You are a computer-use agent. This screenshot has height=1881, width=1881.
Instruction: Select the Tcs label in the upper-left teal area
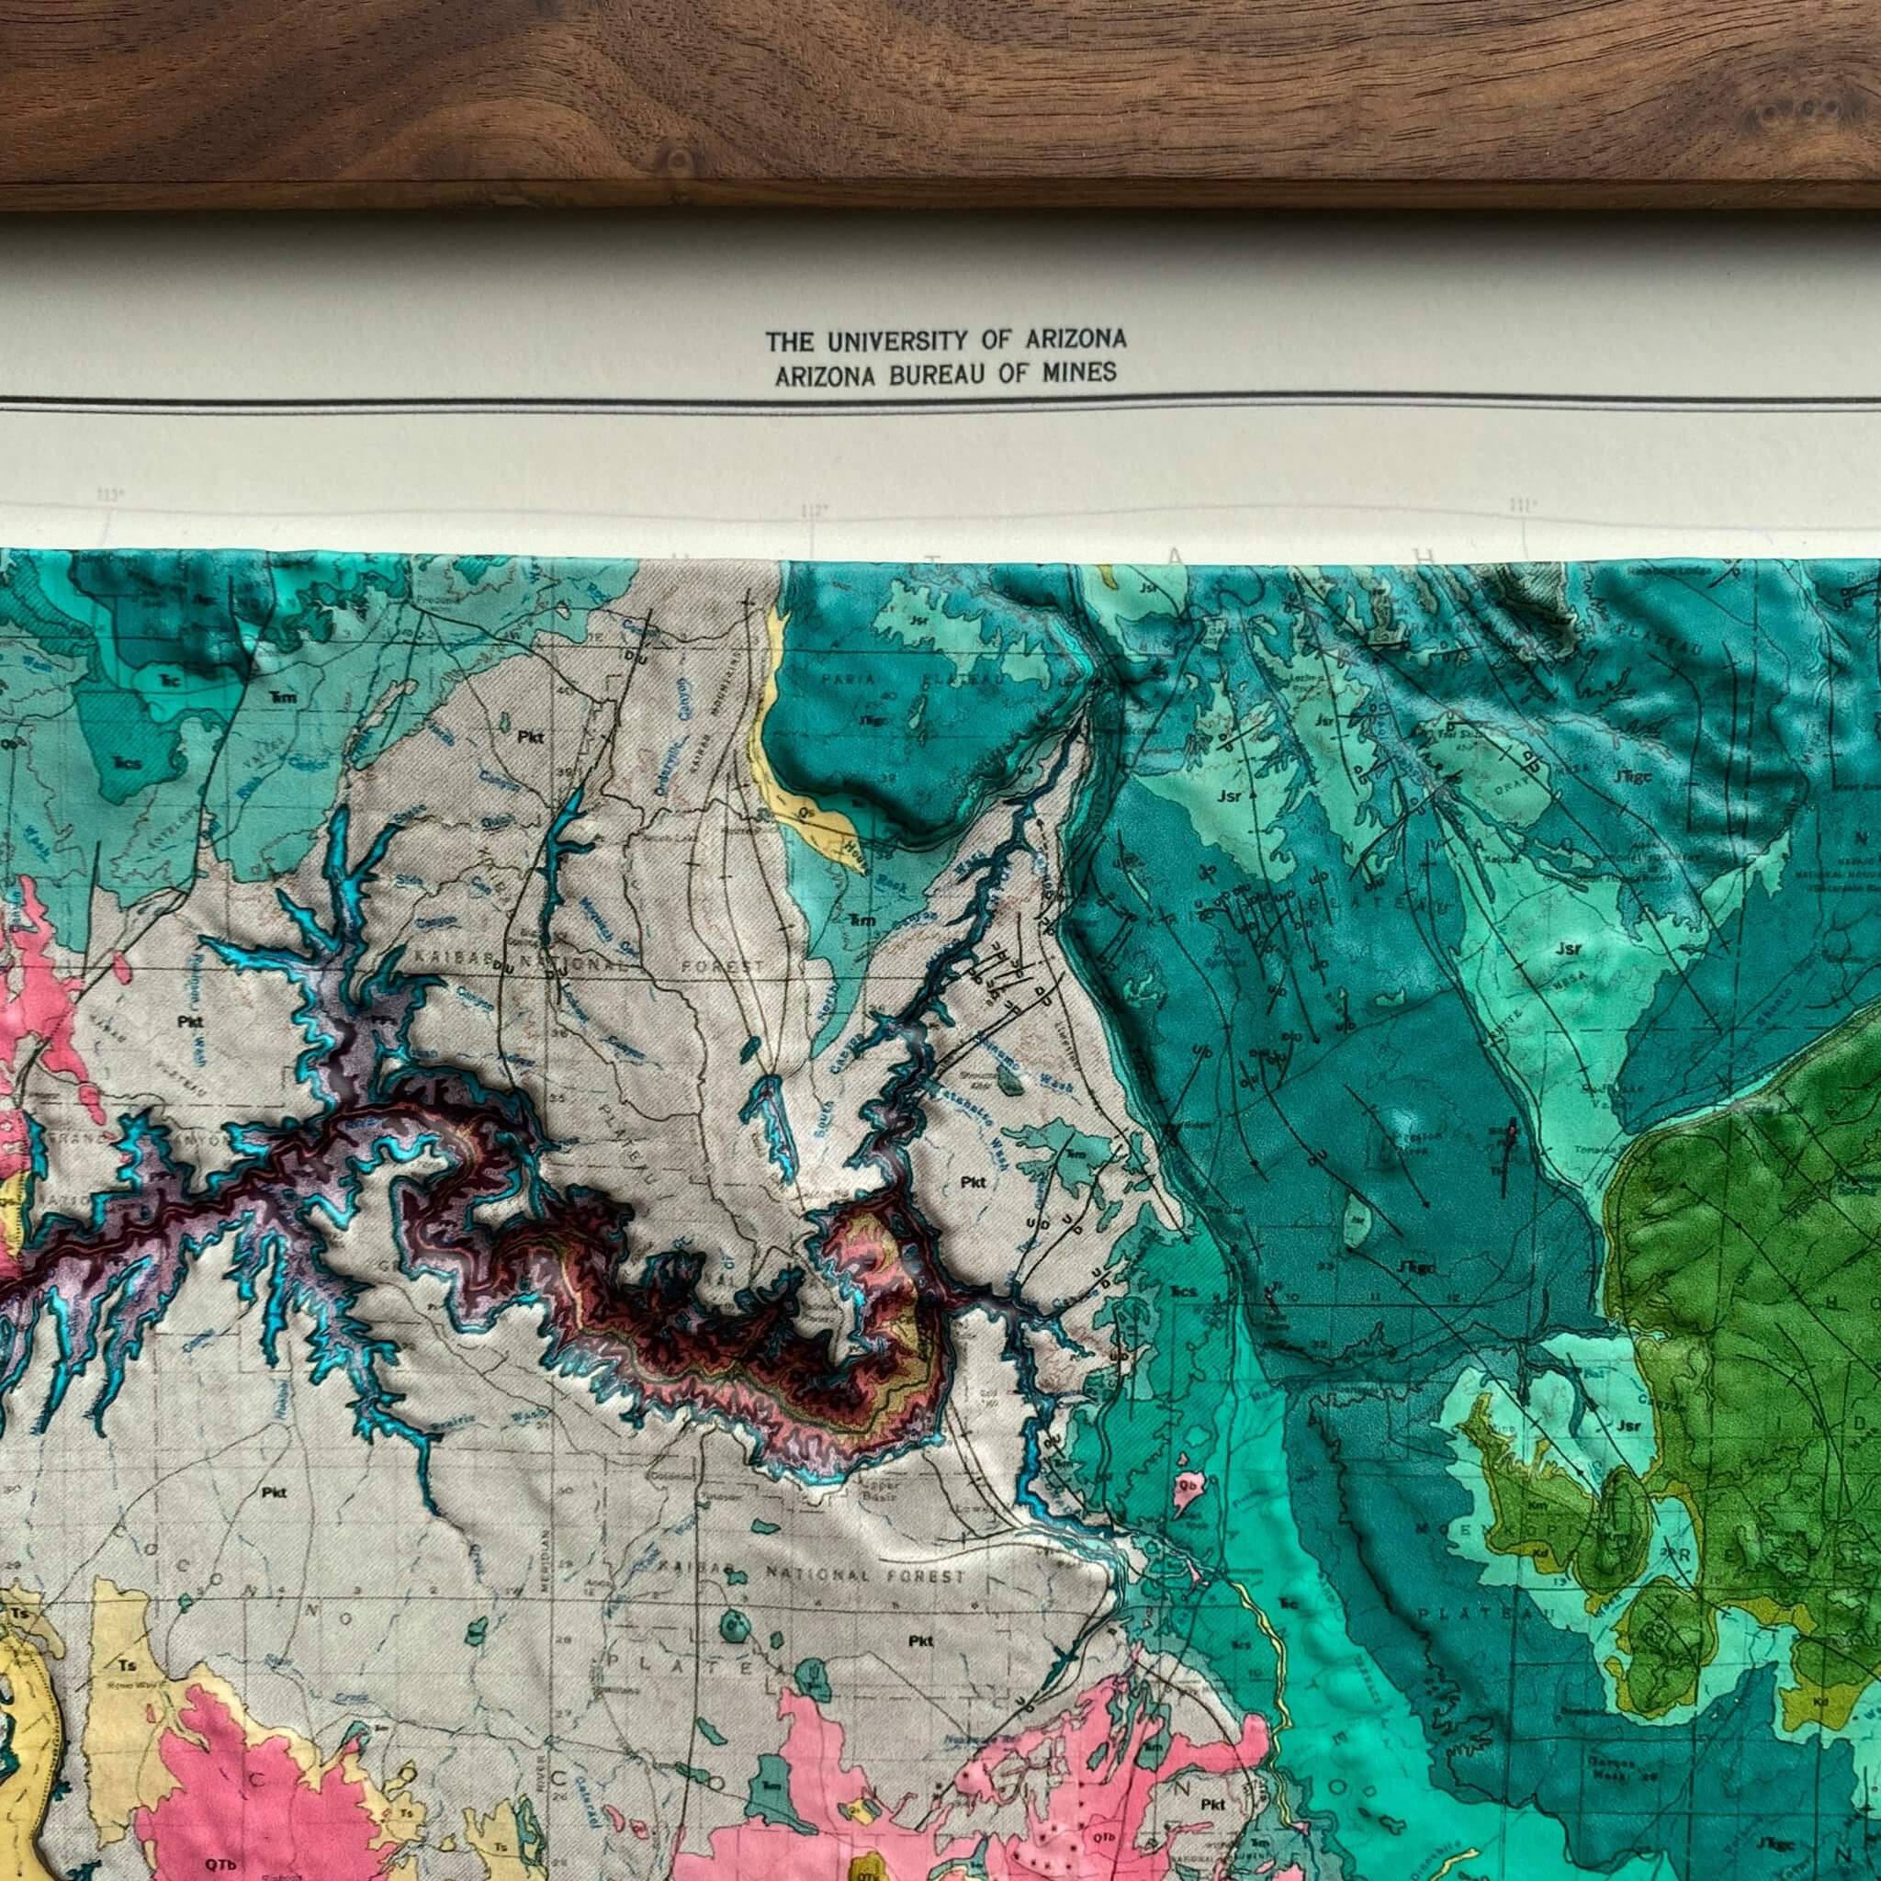click(127, 762)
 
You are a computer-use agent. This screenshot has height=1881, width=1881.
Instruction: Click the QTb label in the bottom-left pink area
click(215, 1860)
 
